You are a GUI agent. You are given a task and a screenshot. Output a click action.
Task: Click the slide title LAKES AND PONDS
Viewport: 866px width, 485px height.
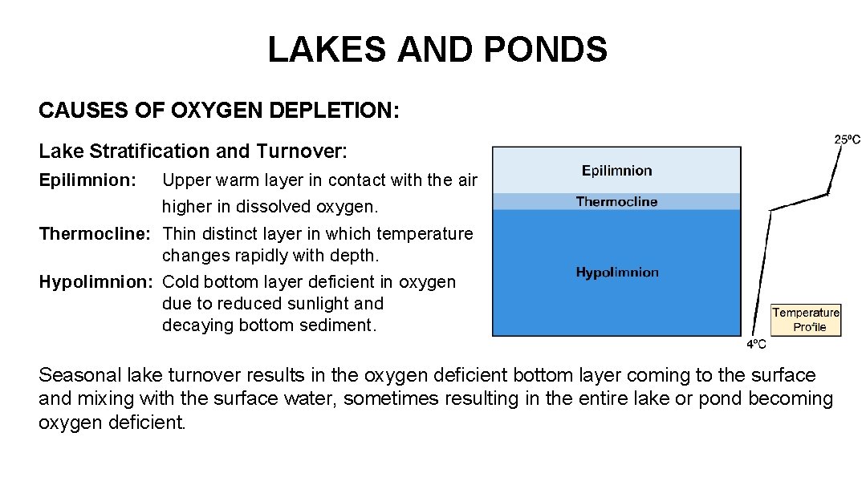pos(437,50)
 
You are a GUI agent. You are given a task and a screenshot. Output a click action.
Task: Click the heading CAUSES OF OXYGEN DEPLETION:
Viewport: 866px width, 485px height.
pos(218,111)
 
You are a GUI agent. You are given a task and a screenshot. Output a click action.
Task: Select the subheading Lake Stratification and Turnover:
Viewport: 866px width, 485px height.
pos(193,151)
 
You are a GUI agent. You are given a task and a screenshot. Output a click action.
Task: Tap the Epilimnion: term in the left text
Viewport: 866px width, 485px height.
pos(87,180)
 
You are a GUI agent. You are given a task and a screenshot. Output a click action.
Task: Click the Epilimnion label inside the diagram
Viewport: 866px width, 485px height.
pos(616,170)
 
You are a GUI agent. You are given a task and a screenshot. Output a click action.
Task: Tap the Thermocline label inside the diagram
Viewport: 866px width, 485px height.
pos(616,201)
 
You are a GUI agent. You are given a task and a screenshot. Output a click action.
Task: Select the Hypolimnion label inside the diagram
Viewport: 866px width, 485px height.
pos(616,273)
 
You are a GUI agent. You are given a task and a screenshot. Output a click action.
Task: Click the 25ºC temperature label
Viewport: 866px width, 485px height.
pos(847,139)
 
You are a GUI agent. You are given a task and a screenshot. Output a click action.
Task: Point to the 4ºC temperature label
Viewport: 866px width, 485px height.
pos(756,345)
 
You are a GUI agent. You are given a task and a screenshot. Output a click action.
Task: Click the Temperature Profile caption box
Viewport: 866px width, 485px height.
pos(806,320)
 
